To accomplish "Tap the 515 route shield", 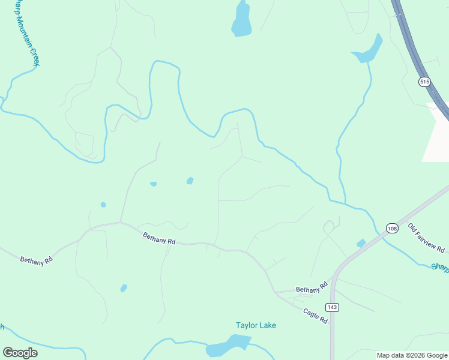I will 425,82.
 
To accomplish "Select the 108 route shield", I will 392,229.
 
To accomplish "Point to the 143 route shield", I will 333,307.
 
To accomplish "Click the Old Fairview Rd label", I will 426,238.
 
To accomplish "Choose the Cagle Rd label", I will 315,316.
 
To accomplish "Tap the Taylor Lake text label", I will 256,325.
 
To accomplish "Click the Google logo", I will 20,353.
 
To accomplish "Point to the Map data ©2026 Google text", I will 412,355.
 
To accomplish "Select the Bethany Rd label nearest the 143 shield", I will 312,289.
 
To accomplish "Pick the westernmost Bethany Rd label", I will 36,260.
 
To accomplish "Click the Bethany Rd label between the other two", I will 159,239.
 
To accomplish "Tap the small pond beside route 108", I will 361,243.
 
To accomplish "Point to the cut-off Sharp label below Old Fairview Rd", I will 440,266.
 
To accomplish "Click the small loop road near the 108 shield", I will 328,227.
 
